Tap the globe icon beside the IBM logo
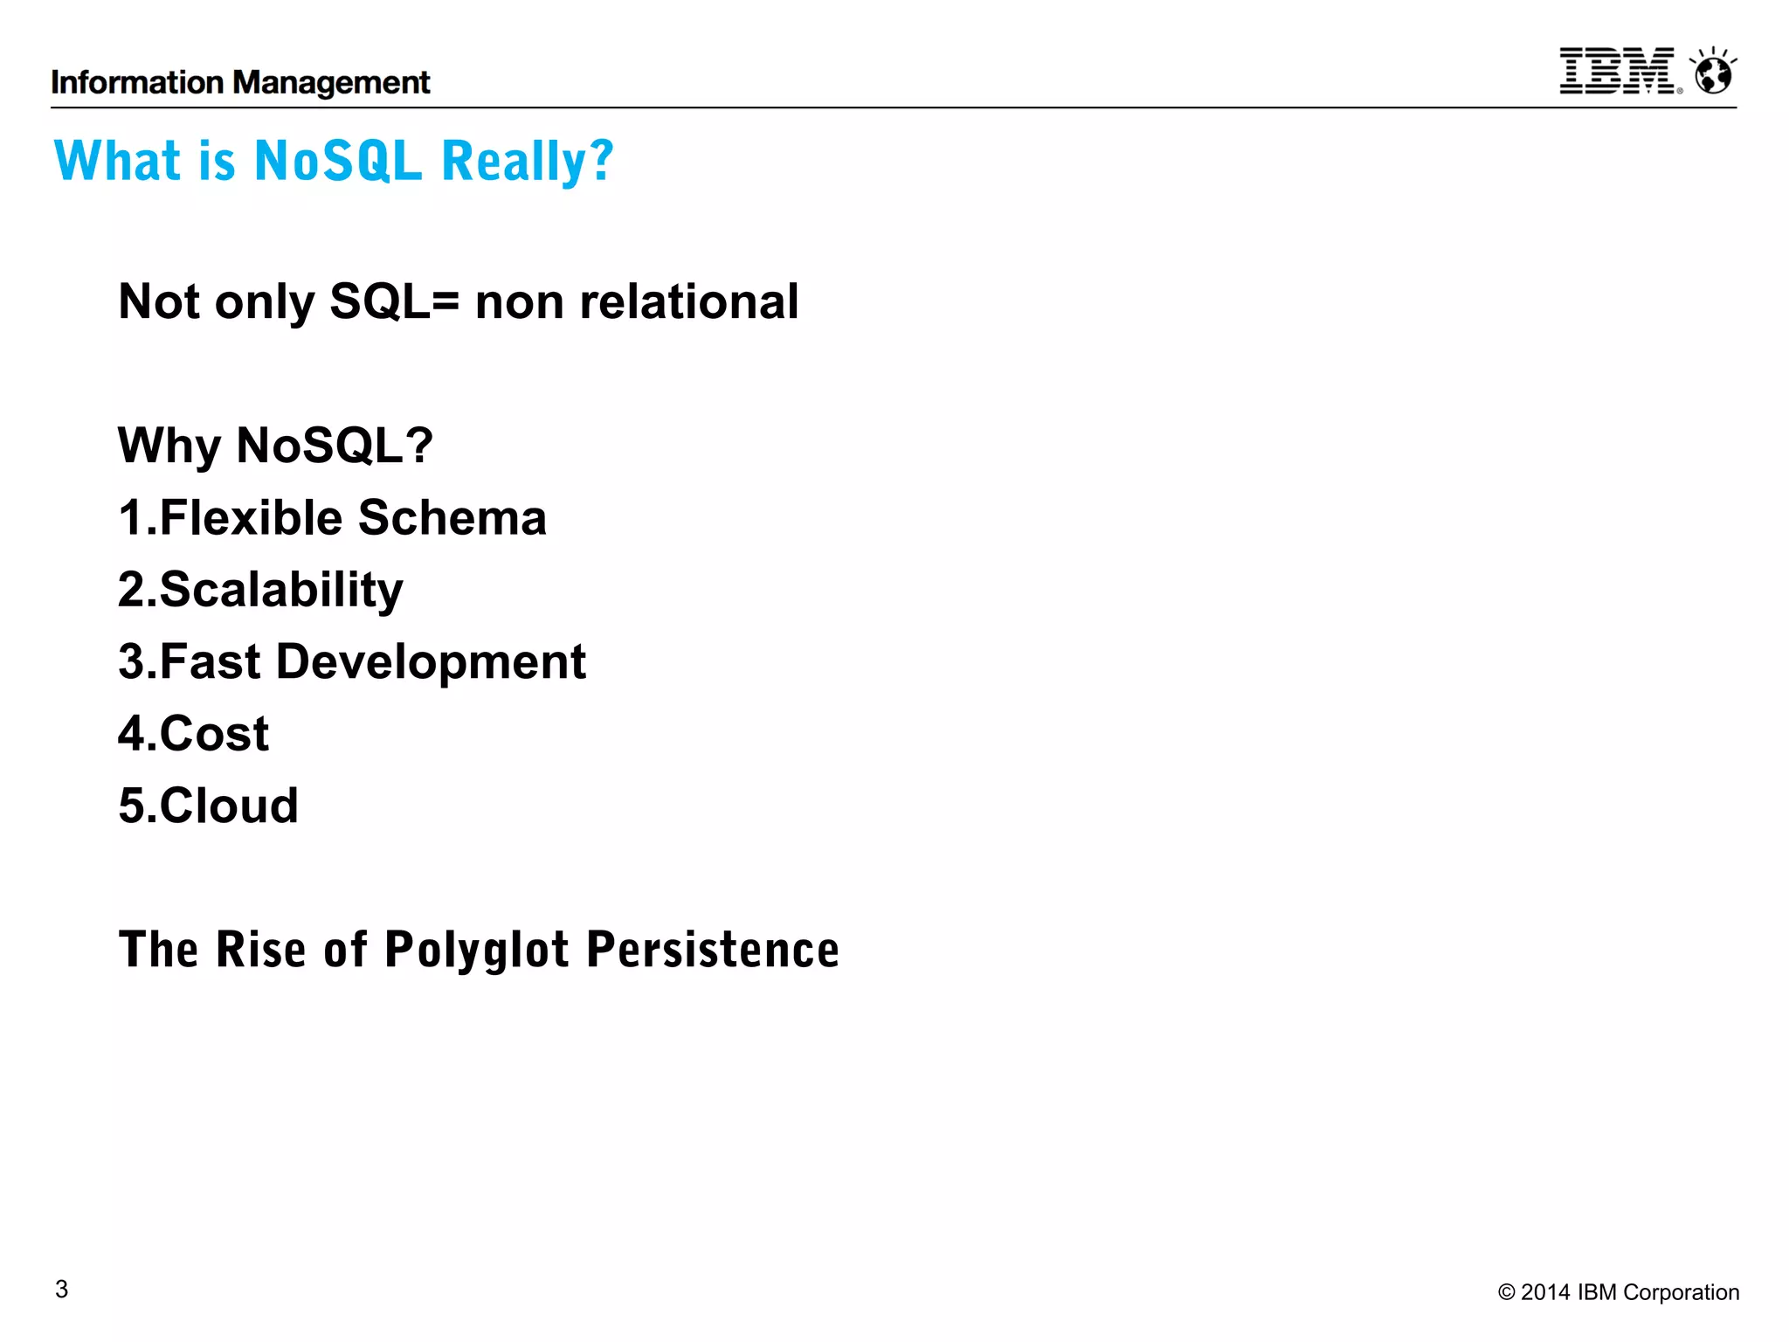[1713, 72]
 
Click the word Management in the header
[332, 83]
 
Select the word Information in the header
[137, 83]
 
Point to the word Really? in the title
[528, 163]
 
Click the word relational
[689, 302]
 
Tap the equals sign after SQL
[445, 302]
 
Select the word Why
[169, 446]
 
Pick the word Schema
[452, 517]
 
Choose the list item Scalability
[280, 591]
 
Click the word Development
[431, 662]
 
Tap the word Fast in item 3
[210, 662]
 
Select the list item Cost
[213, 734]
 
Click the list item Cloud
[228, 806]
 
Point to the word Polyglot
[477, 951]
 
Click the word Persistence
[713, 950]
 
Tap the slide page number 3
[61, 1289]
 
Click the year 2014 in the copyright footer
[1545, 1292]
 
